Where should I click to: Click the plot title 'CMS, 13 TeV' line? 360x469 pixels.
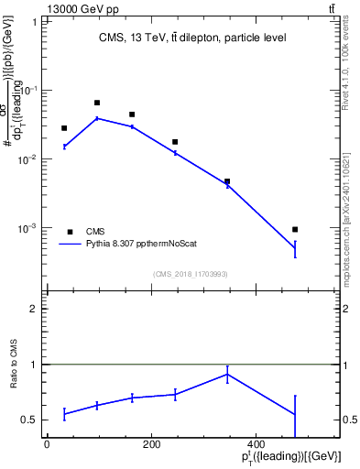(x=191, y=38)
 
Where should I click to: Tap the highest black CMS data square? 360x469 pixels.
(x=97, y=103)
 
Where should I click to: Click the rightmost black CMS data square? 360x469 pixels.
(x=294, y=229)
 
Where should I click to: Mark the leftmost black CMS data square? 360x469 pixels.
(x=64, y=128)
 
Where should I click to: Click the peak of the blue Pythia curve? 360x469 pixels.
(x=97, y=118)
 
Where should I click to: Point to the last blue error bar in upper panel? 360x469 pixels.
(x=294, y=248)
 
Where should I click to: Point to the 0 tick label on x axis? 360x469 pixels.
(x=47, y=443)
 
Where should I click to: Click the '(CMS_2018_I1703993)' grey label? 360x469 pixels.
(x=191, y=273)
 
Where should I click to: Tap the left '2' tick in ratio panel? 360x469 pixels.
(x=34, y=310)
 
